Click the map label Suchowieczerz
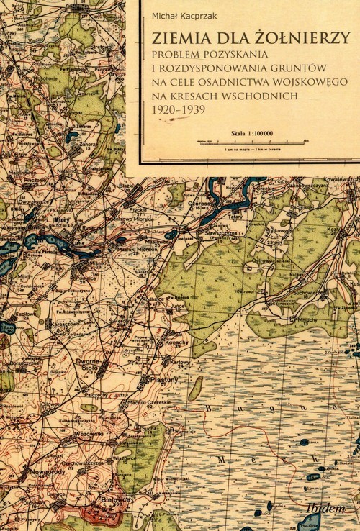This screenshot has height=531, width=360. point(305,293)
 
